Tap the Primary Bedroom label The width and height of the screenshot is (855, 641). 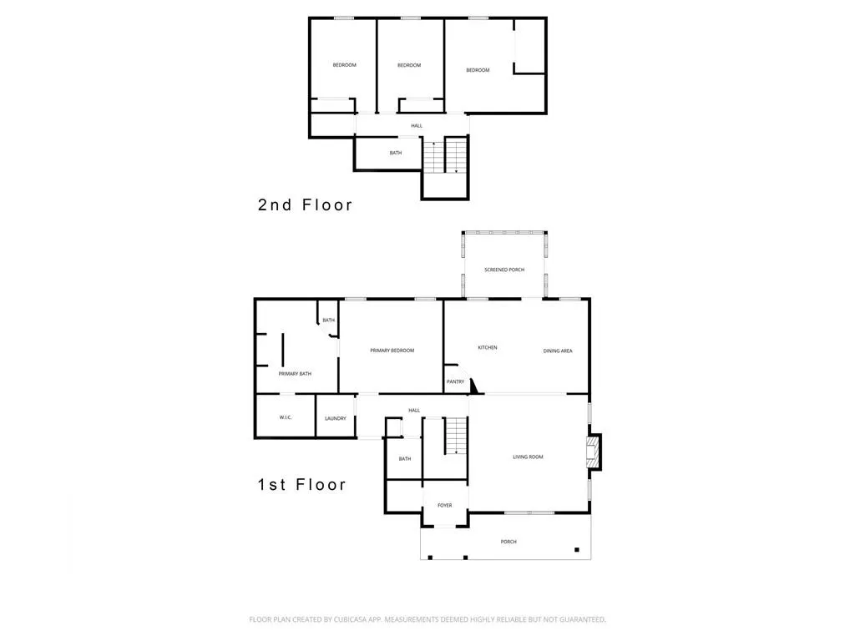pyautogui.click(x=392, y=351)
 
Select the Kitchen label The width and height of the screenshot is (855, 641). pyautogui.click(x=487, y=347)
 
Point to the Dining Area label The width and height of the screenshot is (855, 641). pyautogui.click(x=557, y=351)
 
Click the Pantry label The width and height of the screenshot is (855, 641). pyautogui.click(x=455, y=381)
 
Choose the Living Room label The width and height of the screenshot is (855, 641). pyautogui.click(x=528, y=457)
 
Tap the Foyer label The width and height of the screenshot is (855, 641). pyautogui.click(x=445, y=505)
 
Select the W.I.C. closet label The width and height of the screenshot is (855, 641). pyautogui.click(x=285, y=417)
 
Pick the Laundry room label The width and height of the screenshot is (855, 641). pyautogui.click(x=336, y=418)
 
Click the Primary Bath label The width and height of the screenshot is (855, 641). pyautogui.click(x=295, y=374)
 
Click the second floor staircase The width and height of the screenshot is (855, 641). pyautogui.click(x=444, y=157)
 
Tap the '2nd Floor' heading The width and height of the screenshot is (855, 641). pyautogui.click(x=305, y=204)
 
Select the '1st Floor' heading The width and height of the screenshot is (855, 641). pyautogui.click(x=301, y=484)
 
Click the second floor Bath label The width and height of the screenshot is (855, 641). pyautogui.click(x=395, y=153)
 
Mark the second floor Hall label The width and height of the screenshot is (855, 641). pyautogui.click(x=416, y=126)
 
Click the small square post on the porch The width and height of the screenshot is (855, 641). pyautogui.click(x=576, y=548)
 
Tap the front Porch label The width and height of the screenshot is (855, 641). pyautogui.click(x=508, y=542)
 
